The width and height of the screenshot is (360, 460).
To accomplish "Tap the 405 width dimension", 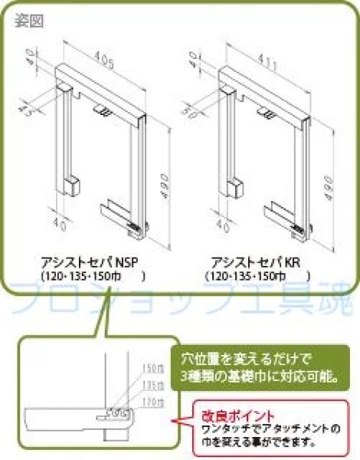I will [x=96, y=56].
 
